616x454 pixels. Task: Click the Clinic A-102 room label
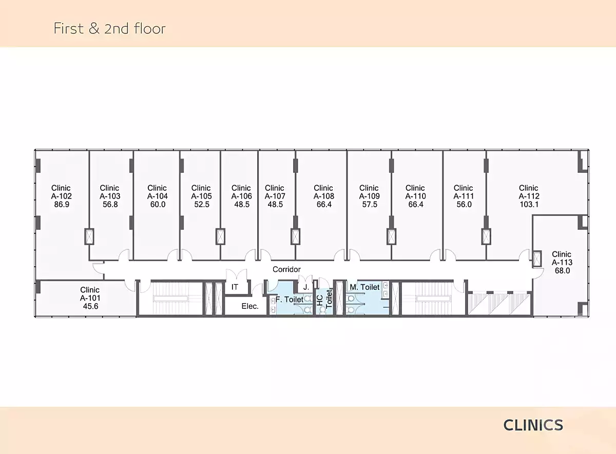61,196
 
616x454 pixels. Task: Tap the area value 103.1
529,204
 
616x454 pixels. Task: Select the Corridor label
286,269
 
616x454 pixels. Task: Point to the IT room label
235,287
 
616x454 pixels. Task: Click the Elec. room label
250,306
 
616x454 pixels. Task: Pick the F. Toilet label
290,299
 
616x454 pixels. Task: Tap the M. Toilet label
364,287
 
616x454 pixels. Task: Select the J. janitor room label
306,287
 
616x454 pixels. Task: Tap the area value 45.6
90,306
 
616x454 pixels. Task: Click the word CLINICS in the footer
533,425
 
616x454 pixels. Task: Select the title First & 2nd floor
109,28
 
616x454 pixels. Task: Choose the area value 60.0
158,204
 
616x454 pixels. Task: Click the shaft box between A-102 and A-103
89,236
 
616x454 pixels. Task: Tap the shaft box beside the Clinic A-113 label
537,259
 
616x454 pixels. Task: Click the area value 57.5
370,204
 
